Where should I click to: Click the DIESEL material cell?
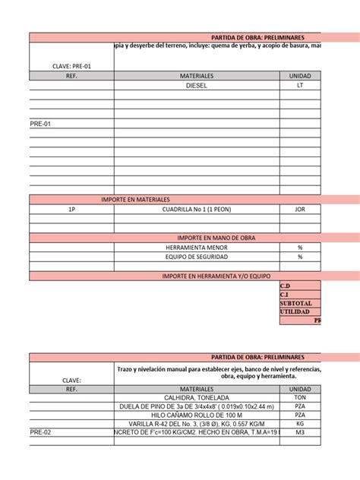(x=196, y=86)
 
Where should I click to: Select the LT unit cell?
(x=300, y=86)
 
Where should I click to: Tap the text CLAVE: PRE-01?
(x=71, y=66)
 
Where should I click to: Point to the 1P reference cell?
(x=71, y=208)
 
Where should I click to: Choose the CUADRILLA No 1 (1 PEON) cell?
(x=196, y=208)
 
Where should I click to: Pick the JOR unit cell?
(x=300, y=208)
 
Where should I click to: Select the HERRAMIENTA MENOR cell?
(x=196, y=248)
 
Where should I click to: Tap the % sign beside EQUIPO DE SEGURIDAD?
(x=300, y=257)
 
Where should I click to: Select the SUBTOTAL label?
(x=295, y=303)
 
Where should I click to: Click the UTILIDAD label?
(x=295, y=312)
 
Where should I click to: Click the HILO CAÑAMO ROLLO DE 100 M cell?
(x=196, y=415)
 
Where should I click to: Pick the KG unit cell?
(x=300, y=425)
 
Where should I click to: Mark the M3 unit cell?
(x=300, y=434)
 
